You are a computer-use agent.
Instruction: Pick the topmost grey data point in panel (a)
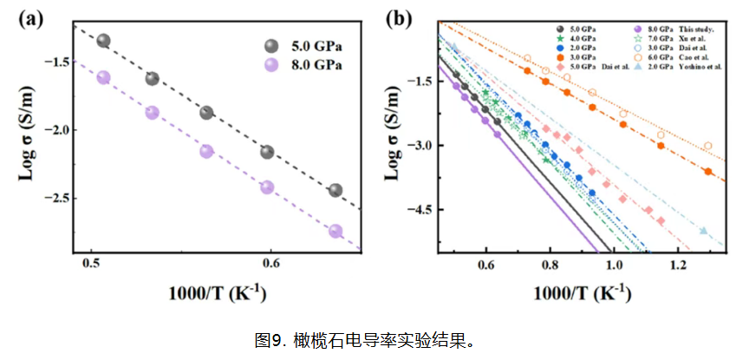[x=103, y=41]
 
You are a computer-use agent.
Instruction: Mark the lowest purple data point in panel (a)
[x=335, y=231]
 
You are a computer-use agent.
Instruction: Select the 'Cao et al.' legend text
[x=689, y=54]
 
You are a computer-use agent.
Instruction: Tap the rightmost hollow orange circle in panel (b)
[x=708, y=146]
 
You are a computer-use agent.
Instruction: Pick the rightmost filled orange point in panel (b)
[x=708, y=171]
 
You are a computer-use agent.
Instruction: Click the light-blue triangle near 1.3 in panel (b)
[x=703, y=231]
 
